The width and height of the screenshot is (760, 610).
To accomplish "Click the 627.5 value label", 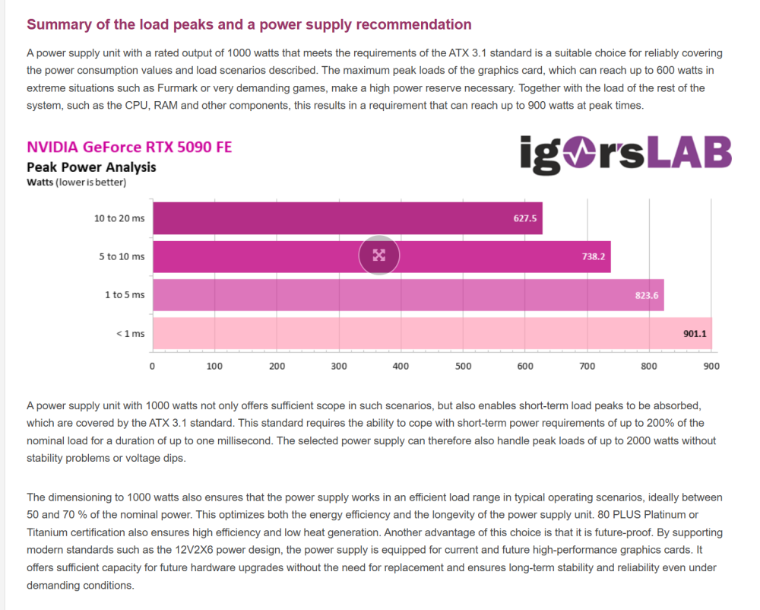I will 525,218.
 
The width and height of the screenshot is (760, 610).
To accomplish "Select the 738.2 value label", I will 594,257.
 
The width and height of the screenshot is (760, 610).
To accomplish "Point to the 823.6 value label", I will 647,295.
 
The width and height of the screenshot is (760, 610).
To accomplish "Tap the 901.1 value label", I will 695,333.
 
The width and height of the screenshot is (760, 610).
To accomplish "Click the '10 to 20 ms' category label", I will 119,218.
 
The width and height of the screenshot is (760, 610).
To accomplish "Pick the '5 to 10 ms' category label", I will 122,256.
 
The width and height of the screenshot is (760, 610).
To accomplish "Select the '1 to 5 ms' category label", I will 125,294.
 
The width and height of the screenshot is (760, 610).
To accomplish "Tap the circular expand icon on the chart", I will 379,256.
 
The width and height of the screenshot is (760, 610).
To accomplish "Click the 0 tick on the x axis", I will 153,367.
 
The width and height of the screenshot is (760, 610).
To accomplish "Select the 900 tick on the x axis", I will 711,367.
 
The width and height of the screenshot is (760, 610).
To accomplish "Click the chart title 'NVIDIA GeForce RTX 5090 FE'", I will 129,148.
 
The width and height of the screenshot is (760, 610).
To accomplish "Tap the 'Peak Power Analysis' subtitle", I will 91,167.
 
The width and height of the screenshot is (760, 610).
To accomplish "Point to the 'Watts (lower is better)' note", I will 76,183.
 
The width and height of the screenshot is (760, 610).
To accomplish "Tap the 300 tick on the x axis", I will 339,367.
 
